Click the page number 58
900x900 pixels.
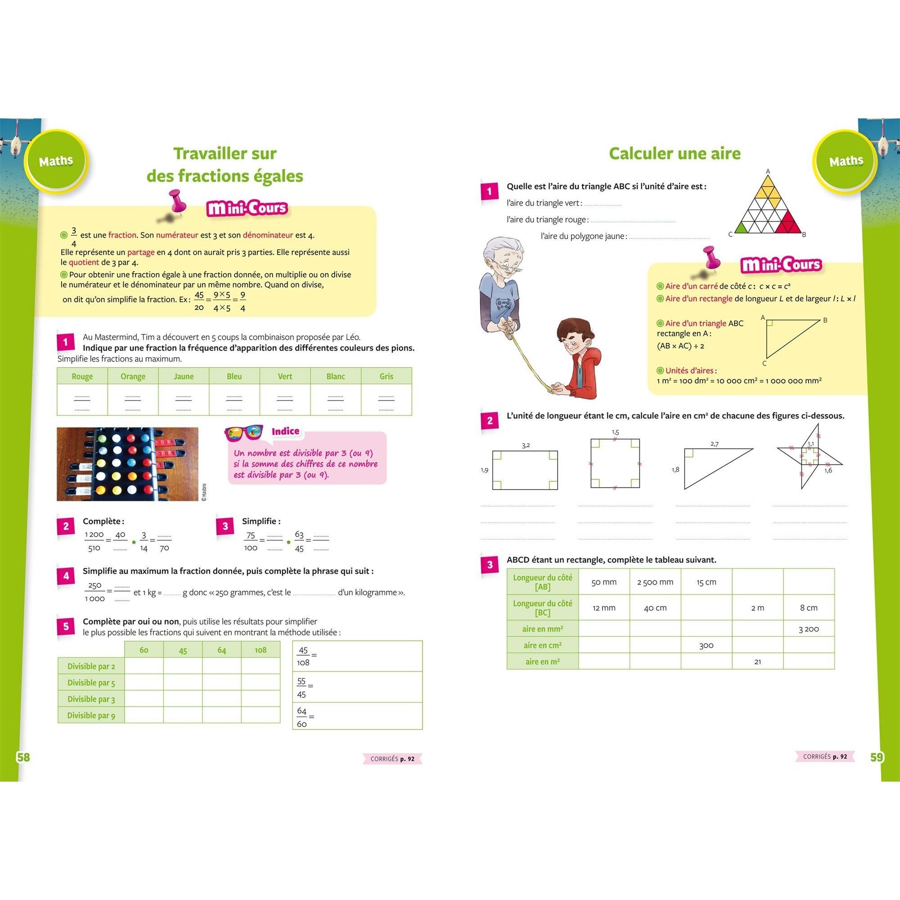pos(23,757)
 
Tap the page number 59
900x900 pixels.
pos(877,757)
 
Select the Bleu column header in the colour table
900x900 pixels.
pos(234,376)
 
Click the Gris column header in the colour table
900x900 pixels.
pos(386,376)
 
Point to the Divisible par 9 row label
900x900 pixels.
pos(91,715)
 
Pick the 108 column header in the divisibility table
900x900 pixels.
pos(261,650)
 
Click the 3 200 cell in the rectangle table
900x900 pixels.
pos(809,629)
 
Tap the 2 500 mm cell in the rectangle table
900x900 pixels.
pos(655,582)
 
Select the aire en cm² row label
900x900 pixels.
pos(543,645)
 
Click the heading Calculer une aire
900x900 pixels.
pos(675,153)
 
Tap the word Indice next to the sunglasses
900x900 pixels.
pos(285,432)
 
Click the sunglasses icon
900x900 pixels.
pos(243,434)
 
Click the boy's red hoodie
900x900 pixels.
pos(582,373)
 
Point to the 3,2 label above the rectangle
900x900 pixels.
pos(526,445)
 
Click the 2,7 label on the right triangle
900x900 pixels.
pos(714,444)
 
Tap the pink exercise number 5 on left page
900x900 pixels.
pos(66,626)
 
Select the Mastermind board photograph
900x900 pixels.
pos(127,464)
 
